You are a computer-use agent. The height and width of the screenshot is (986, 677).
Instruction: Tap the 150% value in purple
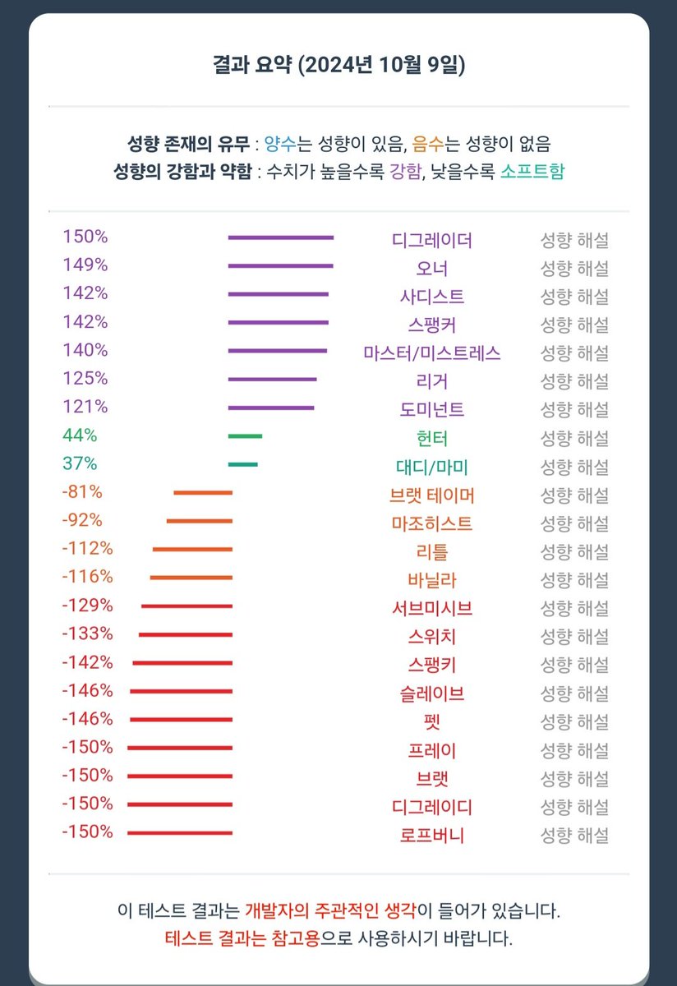(x=85, y=237)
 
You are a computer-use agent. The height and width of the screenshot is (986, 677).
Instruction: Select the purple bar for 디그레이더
(x=281, y=237)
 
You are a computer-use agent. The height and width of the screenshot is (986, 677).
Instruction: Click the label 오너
(x=431, y=269)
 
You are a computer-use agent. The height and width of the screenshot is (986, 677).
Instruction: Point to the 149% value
(x=85, y=265)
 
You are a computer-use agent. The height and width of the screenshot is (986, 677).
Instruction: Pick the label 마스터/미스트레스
(x=431, y=353)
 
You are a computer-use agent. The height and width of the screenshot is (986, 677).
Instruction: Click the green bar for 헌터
(x=245, y=435)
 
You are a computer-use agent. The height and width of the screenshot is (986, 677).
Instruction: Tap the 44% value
(x=80, y=435)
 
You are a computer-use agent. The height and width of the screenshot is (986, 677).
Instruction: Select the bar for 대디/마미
(x=243, y=464)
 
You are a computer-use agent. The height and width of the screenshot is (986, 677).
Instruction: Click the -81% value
(x=82, y=491)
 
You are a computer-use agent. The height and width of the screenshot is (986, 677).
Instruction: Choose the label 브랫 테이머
(x=431, y=495)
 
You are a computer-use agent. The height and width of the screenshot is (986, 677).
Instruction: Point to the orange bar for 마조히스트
(x=200, y=521)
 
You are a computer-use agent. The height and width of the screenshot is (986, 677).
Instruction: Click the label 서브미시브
(x=431, y=609)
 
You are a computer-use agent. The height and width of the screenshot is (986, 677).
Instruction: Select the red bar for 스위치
(x=186, y=634)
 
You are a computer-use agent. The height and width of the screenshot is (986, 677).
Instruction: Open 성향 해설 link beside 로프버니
(x=573, y=836)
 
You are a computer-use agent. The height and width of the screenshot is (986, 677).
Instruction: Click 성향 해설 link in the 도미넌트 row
(x=573, y=409)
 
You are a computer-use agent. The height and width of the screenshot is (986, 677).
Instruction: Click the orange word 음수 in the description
(x=427, y=143)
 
